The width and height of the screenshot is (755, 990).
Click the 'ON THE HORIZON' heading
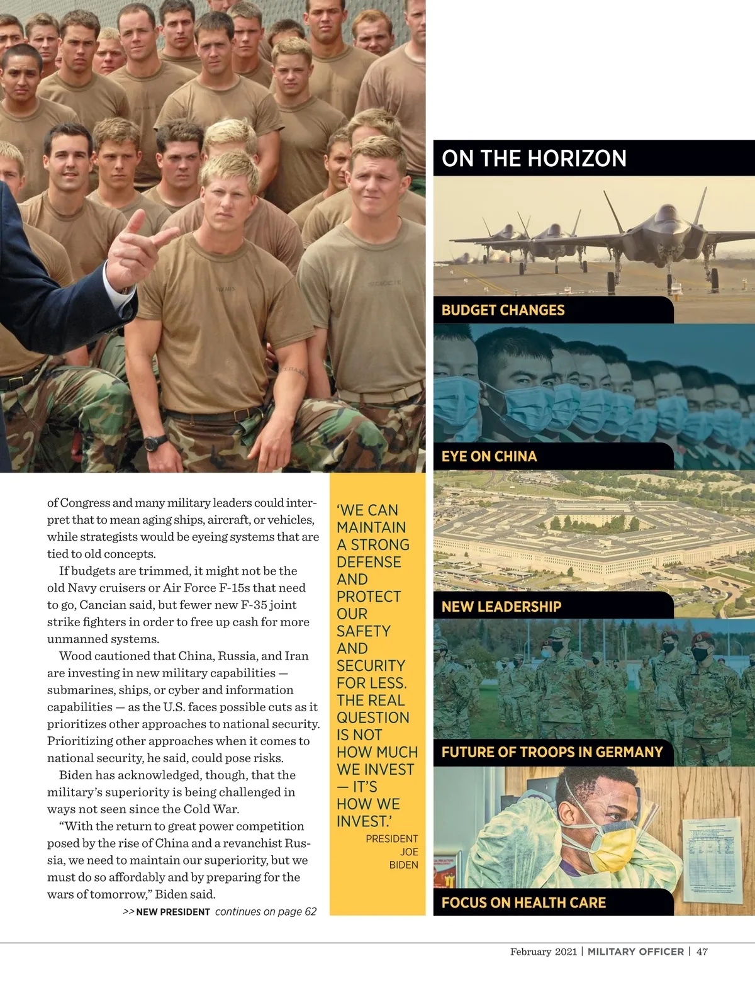(534, 158)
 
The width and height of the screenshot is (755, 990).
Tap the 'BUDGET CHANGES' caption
(503, 310)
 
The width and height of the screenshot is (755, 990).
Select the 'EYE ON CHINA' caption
(489, 456)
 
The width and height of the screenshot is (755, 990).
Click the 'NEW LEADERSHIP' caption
(501, 607)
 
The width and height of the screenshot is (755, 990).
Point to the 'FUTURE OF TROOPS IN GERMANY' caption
(552, 752)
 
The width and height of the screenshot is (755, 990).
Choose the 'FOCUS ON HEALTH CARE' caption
(523, 903)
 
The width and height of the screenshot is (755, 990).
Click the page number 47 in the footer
(702, 952)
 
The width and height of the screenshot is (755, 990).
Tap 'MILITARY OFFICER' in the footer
(635, 952)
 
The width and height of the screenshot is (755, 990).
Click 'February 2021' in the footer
(543, 952)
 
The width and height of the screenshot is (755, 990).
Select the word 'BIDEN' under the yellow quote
(403, 865)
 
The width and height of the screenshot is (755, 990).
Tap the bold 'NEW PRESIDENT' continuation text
(173, 912)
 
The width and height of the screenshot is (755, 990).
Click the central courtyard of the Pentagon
(598, 522)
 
